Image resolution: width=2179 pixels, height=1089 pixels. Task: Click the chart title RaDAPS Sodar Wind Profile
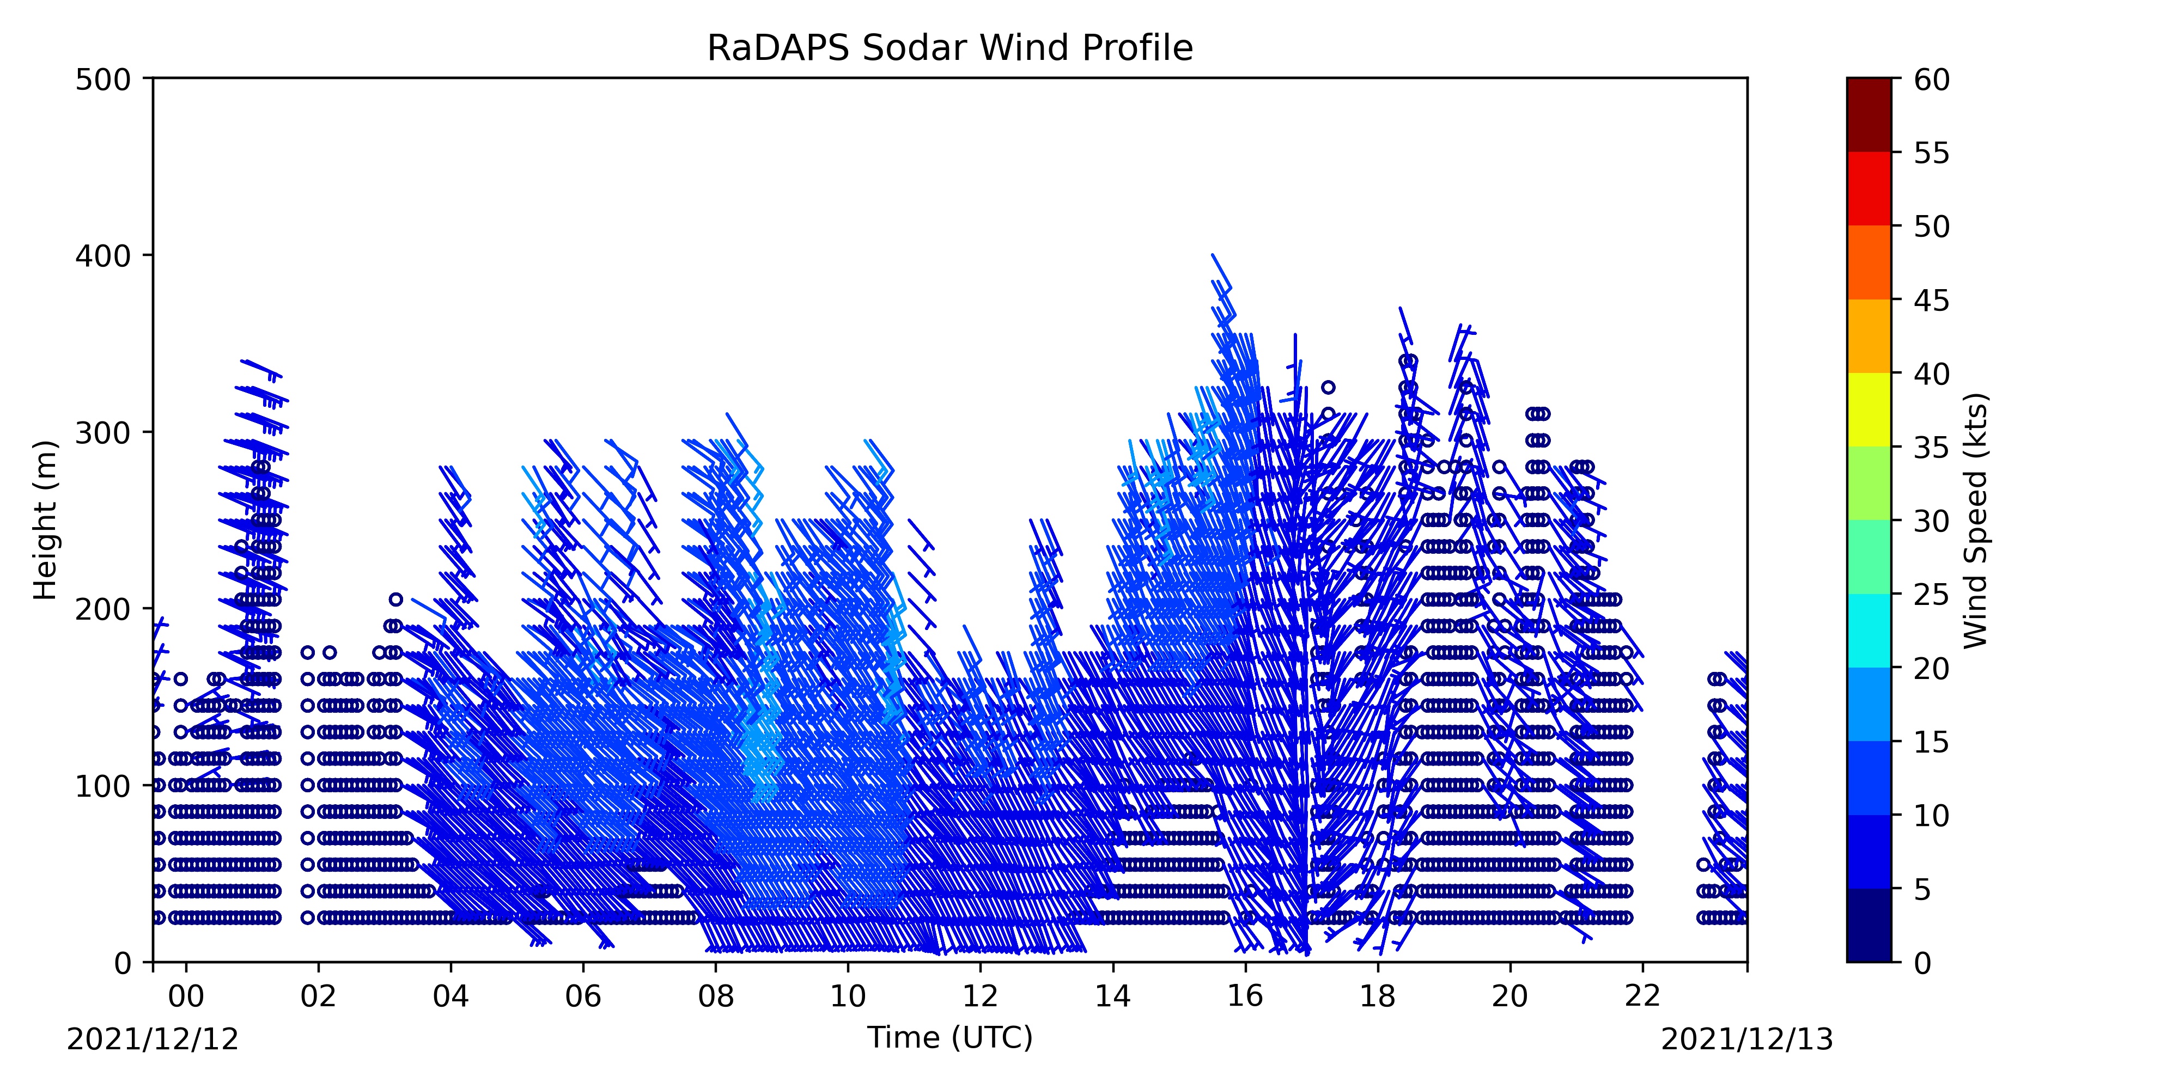[950, 48]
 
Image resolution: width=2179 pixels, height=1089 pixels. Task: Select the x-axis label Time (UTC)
[950, 1037]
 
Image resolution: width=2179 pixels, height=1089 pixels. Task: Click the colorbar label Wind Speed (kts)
[1975, 520]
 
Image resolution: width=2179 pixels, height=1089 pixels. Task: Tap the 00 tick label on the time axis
[186, 996]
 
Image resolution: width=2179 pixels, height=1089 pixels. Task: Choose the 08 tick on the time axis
[716, 996]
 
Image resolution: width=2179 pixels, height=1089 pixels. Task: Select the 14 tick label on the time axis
[1113, 996]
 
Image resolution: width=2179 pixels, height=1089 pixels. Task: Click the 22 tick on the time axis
[1643, 996]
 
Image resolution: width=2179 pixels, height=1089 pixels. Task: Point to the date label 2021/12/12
[153, 1039]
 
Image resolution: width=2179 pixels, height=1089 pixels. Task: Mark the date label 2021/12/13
[1748, 1039]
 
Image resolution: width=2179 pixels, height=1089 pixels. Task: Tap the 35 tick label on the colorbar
[1932, 447]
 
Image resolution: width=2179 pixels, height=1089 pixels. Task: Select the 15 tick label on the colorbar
[1932, 742]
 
